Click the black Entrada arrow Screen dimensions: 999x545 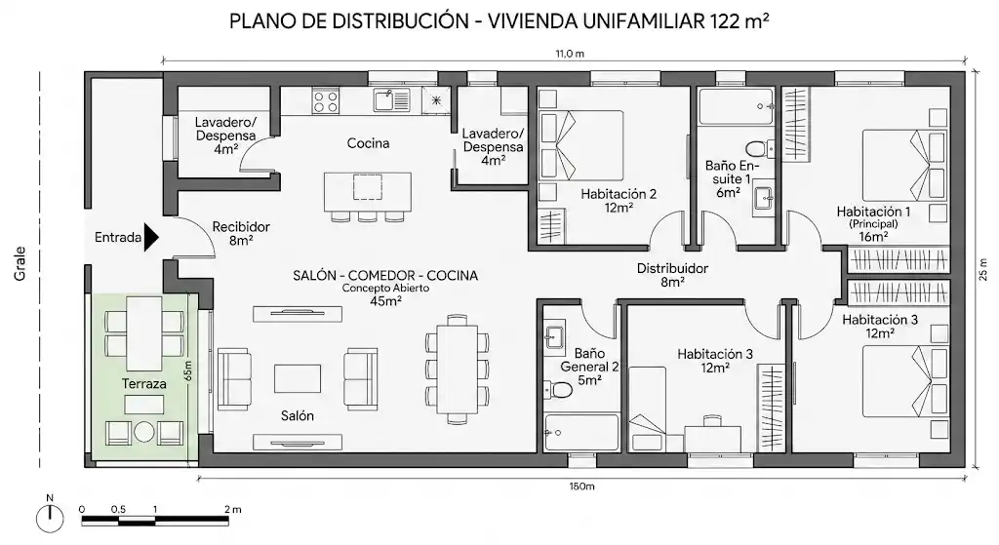pyautogui.click(x=151, y=238)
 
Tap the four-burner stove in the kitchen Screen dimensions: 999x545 pyautogui.click(x=326, y=100)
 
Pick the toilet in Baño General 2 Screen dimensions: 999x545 pyautogui.click(x=557, y=388)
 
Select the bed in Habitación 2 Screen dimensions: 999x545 pyautogui.click(x=581, y=145)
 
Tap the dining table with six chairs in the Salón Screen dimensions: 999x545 pyautogui.click(x=458, y=369)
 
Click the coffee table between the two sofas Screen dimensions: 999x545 pyautogui.click(x=298, y=378)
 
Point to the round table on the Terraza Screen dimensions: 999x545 pyautogui.click(x=144, y=432)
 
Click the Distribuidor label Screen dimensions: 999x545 pyautogui.click(x=672, y=269)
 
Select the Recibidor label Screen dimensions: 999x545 pyautogui.click(x=241, y=226)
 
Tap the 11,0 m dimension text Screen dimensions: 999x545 pyautogui.click(x=570, y=54)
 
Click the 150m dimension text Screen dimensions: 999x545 pyautogui.click(x=581, y=487)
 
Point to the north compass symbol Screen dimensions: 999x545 pyautogui.click(x=50, y=518)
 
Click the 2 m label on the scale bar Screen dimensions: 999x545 pyautogui.click(x=233, y=509)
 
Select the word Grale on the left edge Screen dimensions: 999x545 pyautogui.click(x=20, y=263)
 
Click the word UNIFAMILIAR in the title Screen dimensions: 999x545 pyautogui.click(x=644, y=21)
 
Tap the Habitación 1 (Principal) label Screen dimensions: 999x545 pyautogui.click(x=873, y=223)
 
